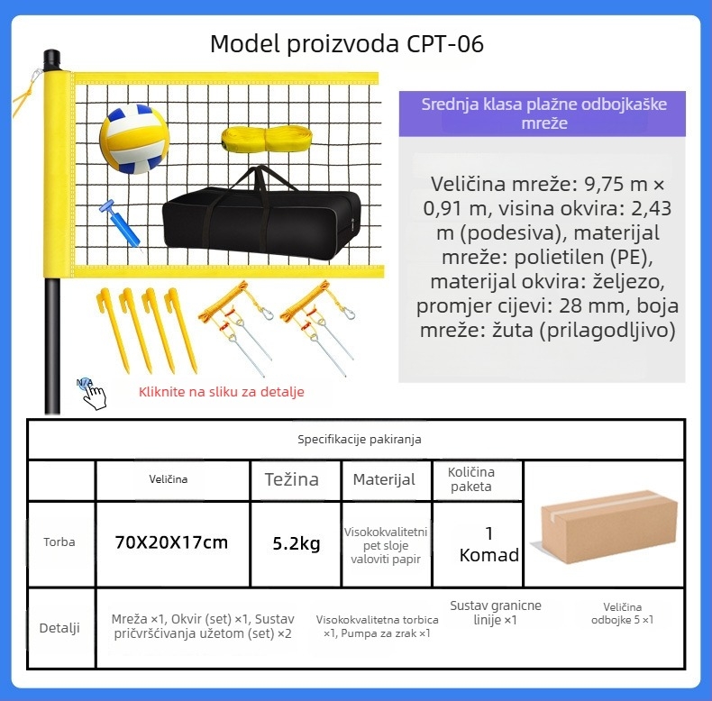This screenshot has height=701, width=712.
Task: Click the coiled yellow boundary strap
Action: [x=267, y=138]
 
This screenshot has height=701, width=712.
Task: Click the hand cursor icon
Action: [x=92, y=394]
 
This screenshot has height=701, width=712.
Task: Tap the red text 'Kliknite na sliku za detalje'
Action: [x=222, y=392]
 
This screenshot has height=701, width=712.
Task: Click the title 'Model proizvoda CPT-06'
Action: [x=347, y=44]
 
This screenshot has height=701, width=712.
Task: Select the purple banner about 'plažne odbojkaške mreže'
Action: [x=543, y=114]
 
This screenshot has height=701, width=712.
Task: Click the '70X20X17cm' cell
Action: [x=171, y=542]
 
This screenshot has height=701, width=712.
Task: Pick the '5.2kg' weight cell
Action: [x=297, y=543]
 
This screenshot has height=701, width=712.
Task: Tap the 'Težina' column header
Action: [x=291, y=479]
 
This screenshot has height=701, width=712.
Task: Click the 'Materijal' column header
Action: [x=384, y=479]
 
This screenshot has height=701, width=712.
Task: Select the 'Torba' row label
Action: [x=59, y=542]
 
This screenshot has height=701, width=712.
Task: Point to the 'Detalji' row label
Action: [x=59, y=628]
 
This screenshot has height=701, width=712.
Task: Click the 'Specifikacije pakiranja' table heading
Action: [x=360, y=440]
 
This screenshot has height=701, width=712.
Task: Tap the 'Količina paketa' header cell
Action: [x=471, y=479]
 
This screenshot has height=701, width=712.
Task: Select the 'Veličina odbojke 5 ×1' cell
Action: [x=622, y=614]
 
